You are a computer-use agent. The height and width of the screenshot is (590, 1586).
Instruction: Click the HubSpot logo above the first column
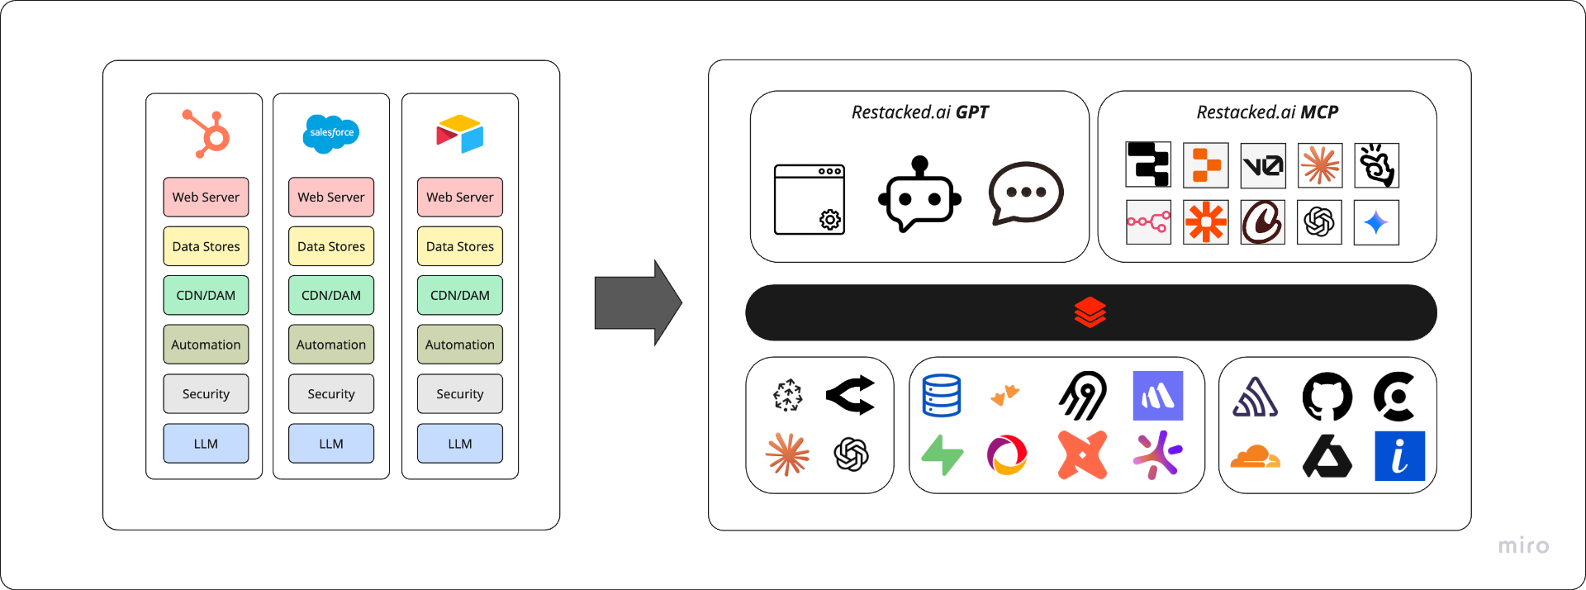pyautogui.click(x=207, y=133)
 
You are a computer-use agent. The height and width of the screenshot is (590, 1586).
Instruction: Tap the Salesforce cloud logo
pyautogui.click(x=331, y=133)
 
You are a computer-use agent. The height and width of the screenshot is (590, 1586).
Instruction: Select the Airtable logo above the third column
pyautogui.click(x=460, y=134)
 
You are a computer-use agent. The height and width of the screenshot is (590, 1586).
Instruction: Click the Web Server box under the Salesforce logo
pyautogui.click(x=331, y=197)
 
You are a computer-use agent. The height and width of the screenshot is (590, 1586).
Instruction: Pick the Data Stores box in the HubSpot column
pyautogui.click(x=206, y=246)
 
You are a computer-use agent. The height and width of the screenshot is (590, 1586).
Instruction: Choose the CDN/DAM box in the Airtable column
pyautogui.click(x=460, y=295)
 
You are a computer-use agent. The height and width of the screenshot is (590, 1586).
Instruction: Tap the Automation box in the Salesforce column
pyautogui.click(x=331, y=345)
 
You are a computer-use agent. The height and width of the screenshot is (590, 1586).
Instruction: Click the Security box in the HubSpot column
pyautogui.click(x=206, y=394)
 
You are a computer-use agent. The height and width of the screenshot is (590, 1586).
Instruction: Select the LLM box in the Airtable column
pyautogui.click(x=460, y=444)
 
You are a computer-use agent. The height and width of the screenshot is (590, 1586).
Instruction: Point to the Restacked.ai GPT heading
pyautogui.click(x=920, y=112)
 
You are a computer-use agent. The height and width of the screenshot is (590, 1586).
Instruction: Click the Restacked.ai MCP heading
pyautogui.click(x=1267, y=112)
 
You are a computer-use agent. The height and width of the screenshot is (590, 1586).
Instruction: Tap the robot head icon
pyautogui.click(x=919, y=194)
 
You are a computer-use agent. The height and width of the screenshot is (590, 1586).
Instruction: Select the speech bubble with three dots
pyautogui.click(x=1026, y=193)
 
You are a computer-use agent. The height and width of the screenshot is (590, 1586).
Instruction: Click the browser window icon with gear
pyautogui.click(x=810, y=199)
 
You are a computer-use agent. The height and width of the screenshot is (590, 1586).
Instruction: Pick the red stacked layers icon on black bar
pyautogui.click(x=1090, y=312)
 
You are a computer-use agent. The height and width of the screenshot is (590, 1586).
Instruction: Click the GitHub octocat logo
pyautogui.click(x=1327, y=397)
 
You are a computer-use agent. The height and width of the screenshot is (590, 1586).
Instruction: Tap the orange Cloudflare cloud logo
pyautogui.click(x=1255, y=456)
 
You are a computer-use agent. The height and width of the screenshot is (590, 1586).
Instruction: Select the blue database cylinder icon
pyautogui.click(x=942, y=396)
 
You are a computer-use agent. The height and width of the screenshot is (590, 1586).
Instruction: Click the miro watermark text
pyautogui.click(x=1523, y=545)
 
